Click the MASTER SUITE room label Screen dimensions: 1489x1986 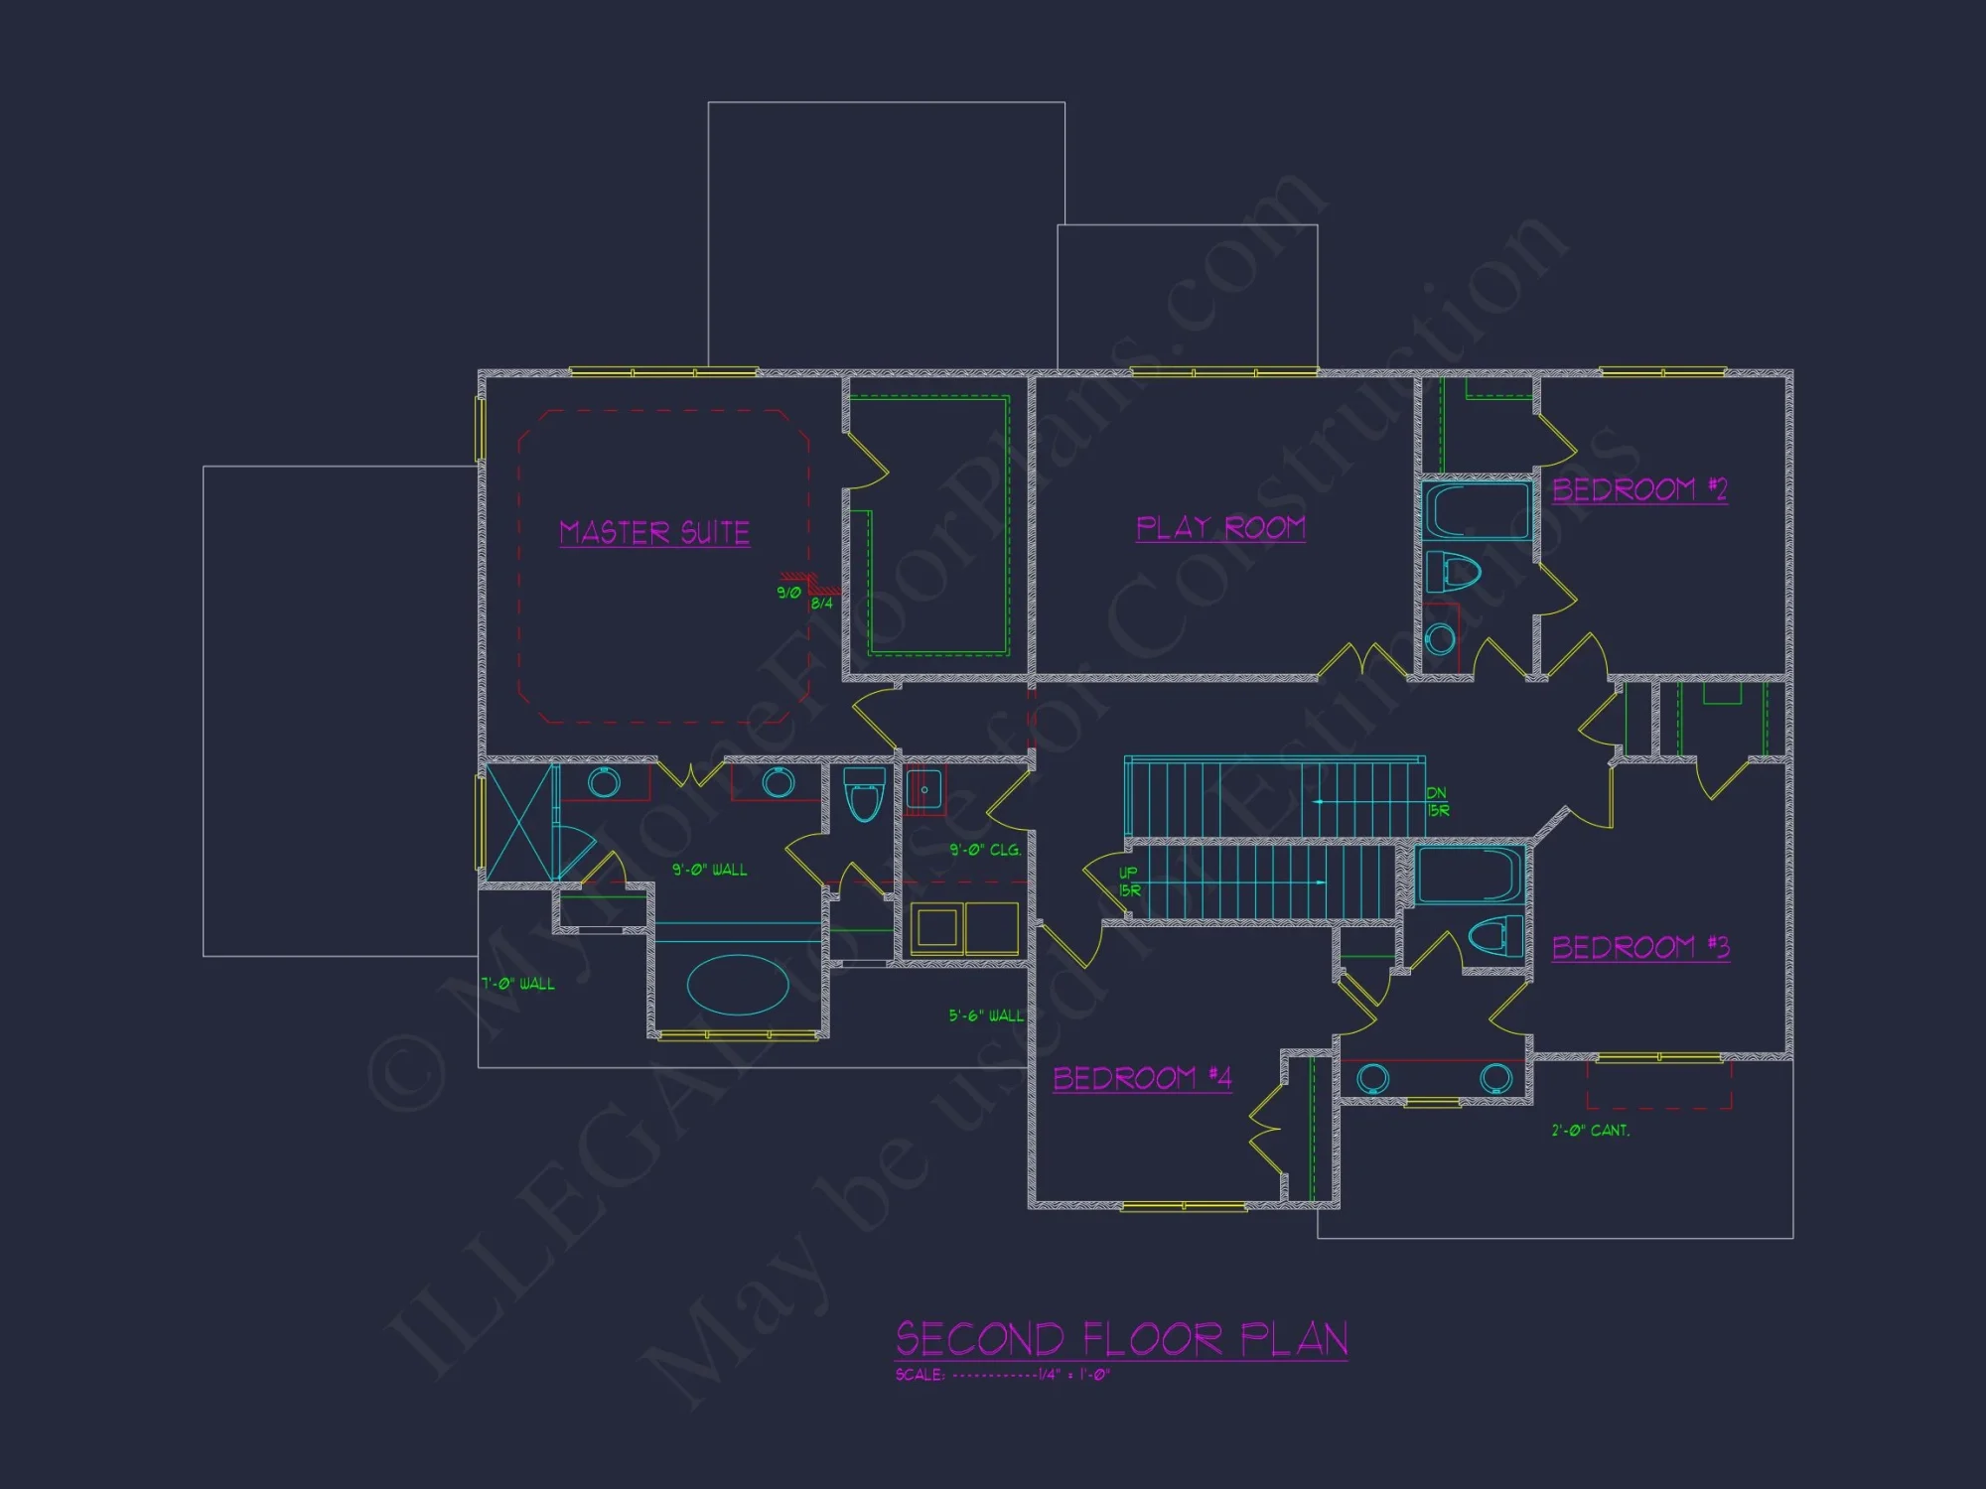point(654,532)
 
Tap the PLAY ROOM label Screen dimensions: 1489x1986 point(1220,527)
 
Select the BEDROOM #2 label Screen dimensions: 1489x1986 point(1639,489)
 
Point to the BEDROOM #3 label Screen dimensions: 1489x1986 point(1640,947)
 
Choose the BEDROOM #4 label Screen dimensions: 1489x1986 point(1142,1078)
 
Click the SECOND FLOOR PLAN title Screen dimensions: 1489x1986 point(1121,1339)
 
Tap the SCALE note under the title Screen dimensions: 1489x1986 point(1002,1375)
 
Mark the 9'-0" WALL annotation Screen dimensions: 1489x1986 point(709,870)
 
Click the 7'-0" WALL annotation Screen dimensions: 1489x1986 point(517,984)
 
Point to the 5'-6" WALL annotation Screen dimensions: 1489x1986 point(985,1015)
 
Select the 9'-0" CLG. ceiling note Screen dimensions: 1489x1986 point(984,850)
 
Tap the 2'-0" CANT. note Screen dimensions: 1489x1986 point(1590,1130)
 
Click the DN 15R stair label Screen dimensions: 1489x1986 point(1437,802)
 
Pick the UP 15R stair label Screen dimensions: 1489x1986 point(1129,881)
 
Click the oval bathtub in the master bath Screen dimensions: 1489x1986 point(737,985)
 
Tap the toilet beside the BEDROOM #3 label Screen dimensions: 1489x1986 point(1494,936)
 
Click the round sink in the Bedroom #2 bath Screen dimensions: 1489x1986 point(1440,637)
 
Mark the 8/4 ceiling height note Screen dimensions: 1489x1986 point(821,604)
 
